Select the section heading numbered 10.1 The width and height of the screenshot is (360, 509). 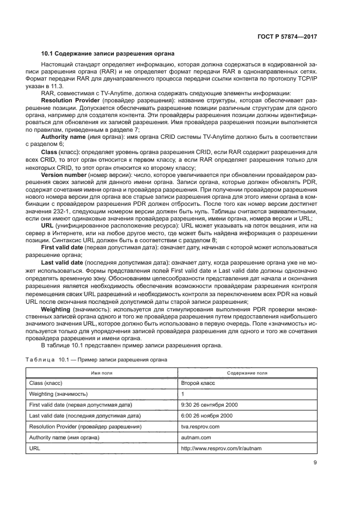click(x=107, y=53)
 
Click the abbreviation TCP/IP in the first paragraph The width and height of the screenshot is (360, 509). click(x=307, y=79)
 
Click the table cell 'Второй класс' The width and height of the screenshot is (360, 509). click(x=198, y=383)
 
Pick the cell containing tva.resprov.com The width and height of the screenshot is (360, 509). click(x=200, y=426)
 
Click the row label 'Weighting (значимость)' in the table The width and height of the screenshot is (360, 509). click(x=58, y=394)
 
